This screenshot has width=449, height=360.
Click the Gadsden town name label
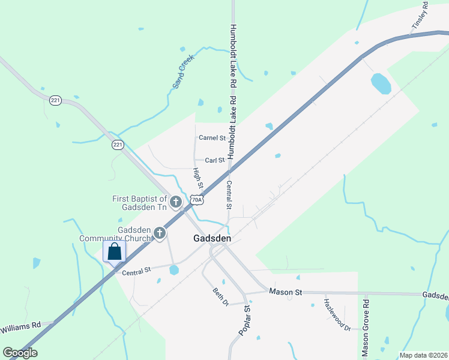coord(212,238)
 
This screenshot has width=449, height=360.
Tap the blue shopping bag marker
coord(115,251)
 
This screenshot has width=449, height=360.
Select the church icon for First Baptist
coord(176,202)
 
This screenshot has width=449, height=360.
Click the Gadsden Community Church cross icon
coord(159,233)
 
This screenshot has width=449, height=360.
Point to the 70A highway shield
coord(196,200)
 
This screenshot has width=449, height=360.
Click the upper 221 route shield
coord(56,100)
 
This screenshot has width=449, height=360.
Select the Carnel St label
coord(212,137)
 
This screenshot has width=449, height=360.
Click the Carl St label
coord(214,160)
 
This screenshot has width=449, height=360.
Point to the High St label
coord(198,178)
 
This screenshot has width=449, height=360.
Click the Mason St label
coord(285,292)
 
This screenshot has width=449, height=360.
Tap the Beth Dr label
coord(221,296)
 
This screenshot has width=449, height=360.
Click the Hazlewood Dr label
coord(337,314)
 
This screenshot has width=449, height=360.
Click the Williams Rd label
coord(20,328)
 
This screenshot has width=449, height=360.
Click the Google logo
coord(20,353)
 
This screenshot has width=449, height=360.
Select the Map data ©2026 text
coord(423,355)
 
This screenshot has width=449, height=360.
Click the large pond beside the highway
coord(381,83)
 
